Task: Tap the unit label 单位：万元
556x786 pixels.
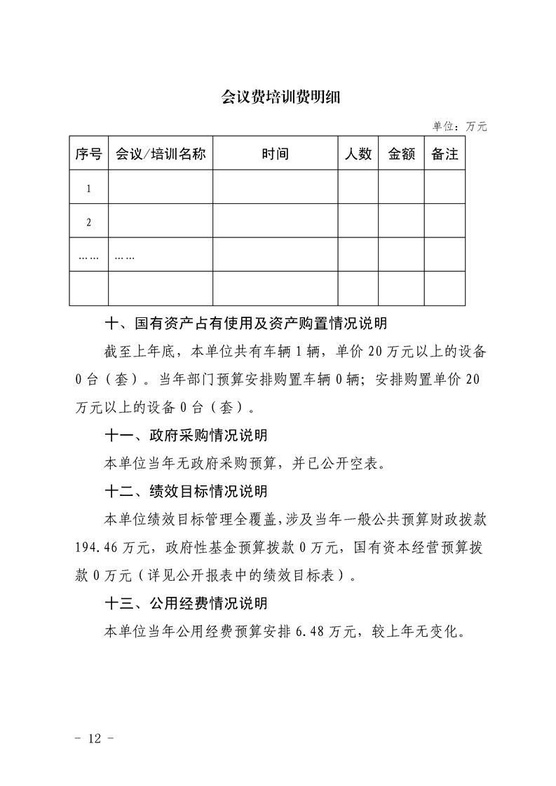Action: pos(459,127)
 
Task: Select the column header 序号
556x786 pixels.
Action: pos(88,154)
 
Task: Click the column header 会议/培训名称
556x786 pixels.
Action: pos(161,154)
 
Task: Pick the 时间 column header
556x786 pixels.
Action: pos(275,154)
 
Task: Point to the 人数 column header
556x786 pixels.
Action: pos(358,154)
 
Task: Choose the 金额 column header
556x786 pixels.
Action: pos(402,154)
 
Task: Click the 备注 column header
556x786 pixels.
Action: pos(445,154)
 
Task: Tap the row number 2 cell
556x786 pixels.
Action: pos(88,222)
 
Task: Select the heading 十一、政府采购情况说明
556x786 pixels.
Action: pos(186,436)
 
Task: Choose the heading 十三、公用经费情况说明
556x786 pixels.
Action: pos(186,602)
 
